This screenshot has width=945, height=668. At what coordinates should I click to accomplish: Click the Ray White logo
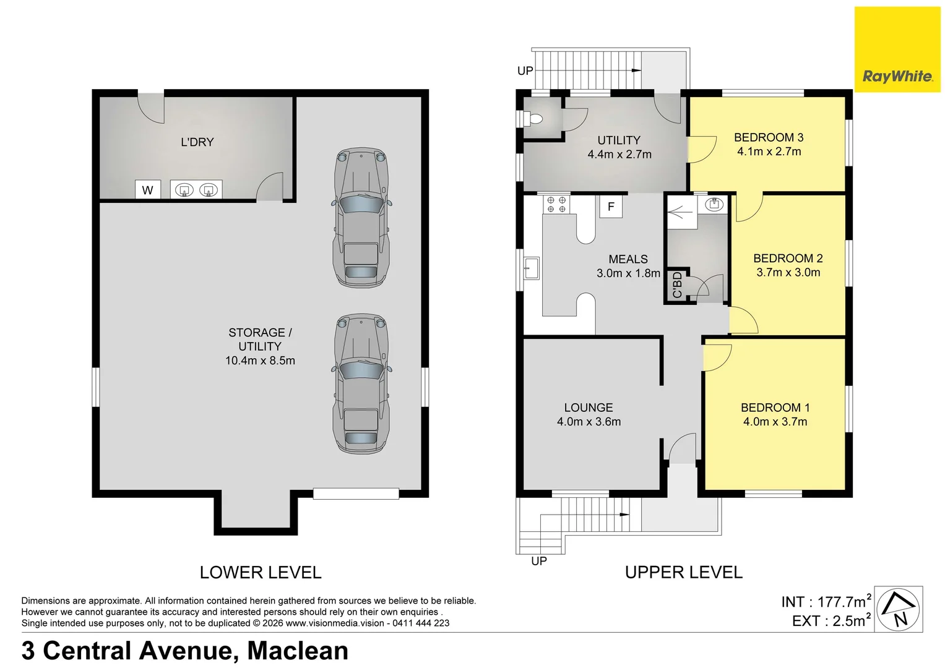[x=897, y=50]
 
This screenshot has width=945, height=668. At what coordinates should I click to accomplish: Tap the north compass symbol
[x=899, y=609]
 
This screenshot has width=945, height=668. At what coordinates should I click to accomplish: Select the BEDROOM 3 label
[x=769, y=137]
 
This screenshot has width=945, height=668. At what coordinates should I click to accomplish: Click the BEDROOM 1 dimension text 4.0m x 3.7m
[x=775, y=422]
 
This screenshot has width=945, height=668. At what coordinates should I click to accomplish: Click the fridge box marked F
[x=611, y=207]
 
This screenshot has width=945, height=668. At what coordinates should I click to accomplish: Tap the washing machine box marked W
[x=147, y=190]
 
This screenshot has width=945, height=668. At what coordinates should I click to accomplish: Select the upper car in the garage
[x=361, y=217]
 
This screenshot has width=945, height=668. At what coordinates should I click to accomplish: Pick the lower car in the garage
[x=361, y=383]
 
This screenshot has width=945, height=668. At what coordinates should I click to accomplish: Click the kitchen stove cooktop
[x=556, y=205]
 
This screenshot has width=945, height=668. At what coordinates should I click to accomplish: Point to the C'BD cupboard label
[x=676, y=285]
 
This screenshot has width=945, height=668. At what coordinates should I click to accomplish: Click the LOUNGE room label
[x=589, y=408]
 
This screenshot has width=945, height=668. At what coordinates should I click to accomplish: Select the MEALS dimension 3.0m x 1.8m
[x=628, y=273]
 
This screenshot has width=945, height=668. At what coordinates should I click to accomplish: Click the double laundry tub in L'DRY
[x=196, y=190]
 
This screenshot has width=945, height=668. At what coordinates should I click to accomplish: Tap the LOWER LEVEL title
[x=261, y=573]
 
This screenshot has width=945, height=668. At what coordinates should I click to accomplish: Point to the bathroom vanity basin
[x=714, y=203]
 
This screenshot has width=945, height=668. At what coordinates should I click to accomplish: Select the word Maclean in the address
[x=298, y=651]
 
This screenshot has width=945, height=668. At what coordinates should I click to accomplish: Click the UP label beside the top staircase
[x=525, y=71]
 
